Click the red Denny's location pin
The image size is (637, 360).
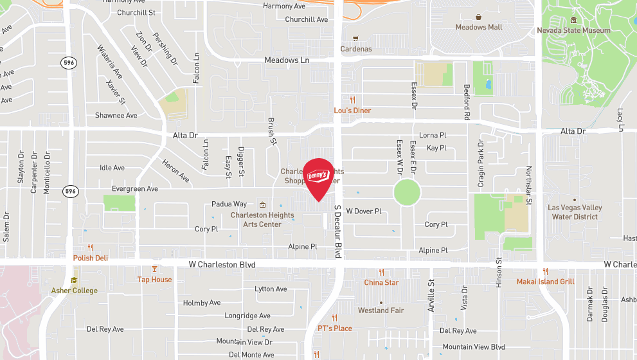[x=318, y=177]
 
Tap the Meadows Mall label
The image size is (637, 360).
[x=478, y=27]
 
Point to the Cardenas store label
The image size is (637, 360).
[x=356, y=49]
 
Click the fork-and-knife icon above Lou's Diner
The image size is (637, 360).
[x=352, y=100]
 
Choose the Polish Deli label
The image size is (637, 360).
[x=90, y=258]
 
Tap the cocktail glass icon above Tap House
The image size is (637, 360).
[x=154, y=269]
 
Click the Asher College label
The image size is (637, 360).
[x=75, y=291]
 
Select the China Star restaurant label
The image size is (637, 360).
[x=381, y=282]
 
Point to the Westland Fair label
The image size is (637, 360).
[x=381, y=310]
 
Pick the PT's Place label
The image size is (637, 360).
[x=335, y=328]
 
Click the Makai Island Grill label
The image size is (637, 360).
[x=545, y=282]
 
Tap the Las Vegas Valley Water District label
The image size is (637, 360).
[x=575, y=212]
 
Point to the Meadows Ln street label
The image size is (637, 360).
[x=287, y=60]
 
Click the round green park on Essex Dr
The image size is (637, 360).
[x=406, y=192]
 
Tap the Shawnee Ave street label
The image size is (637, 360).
[x=116, y=116]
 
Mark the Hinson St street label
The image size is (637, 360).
[x=499, y=272]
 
